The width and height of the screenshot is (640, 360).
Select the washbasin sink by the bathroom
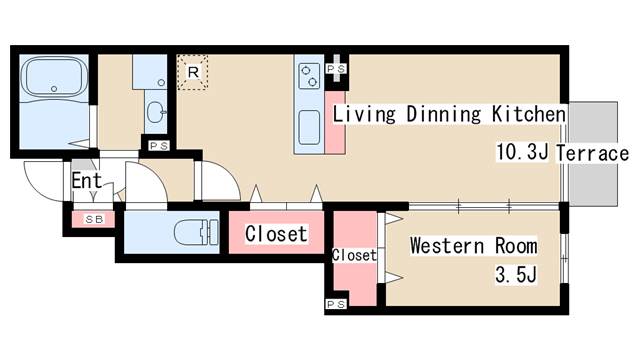tap(156, 112)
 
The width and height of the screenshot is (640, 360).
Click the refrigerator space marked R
tap(193, 72)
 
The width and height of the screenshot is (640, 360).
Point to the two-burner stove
tap(309, 76)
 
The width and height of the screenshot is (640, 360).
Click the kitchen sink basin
tap(309, 127)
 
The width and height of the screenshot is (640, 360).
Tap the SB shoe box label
tap(94, 219)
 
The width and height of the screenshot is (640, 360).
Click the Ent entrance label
tap(87, 181)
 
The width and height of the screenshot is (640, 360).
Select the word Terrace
tap(592, 153)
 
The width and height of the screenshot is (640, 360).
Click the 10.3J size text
tap(522, 152)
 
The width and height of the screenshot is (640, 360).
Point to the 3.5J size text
tap(516, 274)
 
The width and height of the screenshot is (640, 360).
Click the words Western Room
tap(473, 246)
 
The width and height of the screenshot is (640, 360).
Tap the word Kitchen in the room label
tap(529, 114)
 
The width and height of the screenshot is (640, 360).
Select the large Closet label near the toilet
tap(276, 234)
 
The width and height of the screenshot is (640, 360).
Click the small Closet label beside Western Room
tap(354, 256)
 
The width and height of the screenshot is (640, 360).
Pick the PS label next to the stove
tap(336, 69)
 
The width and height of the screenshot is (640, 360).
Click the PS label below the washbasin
tap(158, 146)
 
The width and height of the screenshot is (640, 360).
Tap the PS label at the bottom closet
tap(336, 304)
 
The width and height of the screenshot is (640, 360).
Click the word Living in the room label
tap(364, 114)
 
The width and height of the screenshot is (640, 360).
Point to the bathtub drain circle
tap(54, 89)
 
